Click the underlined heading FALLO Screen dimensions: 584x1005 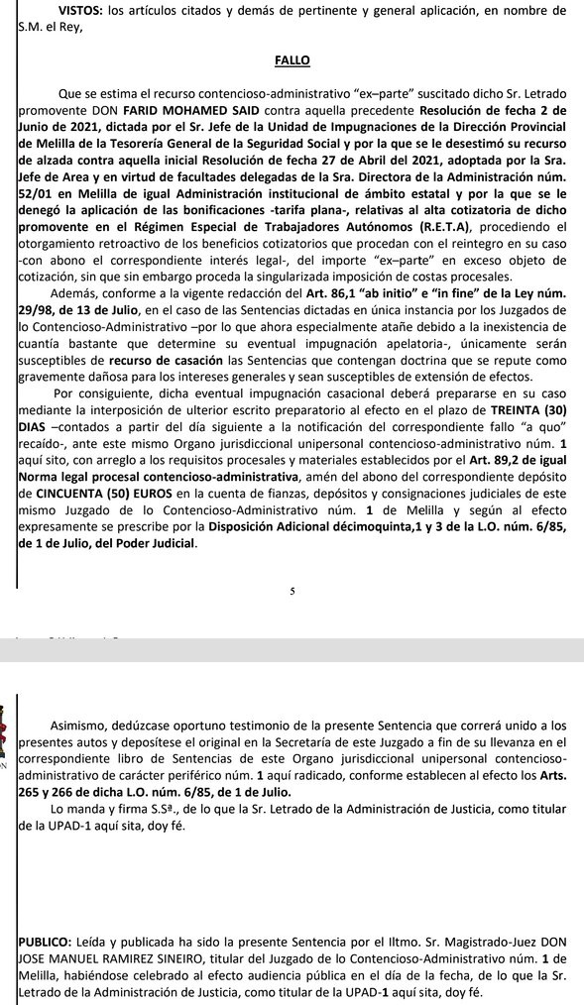pyautogui.click(x=292, y=59)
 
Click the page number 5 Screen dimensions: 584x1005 pyautogui.click(x=292, y=591)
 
